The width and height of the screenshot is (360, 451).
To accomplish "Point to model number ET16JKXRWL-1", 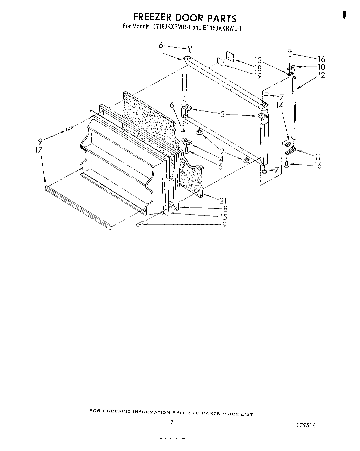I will [222, 28].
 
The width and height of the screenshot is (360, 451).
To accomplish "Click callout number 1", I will [161, 53].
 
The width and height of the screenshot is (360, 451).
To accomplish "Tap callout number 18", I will [258, 68].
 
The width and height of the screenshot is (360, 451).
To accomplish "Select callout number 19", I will [258, 76].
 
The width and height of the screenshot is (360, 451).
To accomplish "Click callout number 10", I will [321, 67].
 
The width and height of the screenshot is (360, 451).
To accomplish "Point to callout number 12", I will [321, 75].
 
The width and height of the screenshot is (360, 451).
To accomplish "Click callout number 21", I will [223, 200].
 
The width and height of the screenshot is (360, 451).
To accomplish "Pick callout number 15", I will [223, 217].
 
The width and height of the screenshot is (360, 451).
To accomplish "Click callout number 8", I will [225, 209].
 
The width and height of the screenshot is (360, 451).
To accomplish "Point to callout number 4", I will [221, 159].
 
